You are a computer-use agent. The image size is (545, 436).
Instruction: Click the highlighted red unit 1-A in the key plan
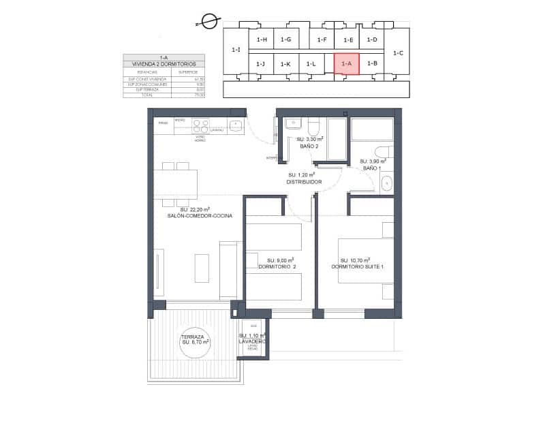tap(346, 63)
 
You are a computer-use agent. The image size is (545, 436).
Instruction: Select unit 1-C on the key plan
tap(399, 52)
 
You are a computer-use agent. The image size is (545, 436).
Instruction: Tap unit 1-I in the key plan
tap(236, 50)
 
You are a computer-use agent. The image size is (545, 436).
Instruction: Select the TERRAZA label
tap(193, 337)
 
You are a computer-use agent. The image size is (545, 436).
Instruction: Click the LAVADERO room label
tap(252, 341)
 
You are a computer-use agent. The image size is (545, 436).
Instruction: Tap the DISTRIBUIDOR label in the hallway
tap(304, 182)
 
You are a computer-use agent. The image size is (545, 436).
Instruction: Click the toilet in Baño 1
tap(383, 151)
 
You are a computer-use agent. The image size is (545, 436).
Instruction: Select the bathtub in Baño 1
tap(372, 129)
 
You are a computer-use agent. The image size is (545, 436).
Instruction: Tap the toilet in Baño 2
tap(313, 127)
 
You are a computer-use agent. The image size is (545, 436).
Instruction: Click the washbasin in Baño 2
tap(292, 124)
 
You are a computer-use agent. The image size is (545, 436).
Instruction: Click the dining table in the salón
tap(176, 184)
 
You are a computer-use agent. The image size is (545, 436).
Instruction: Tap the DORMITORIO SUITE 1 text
tap(358, 267)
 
